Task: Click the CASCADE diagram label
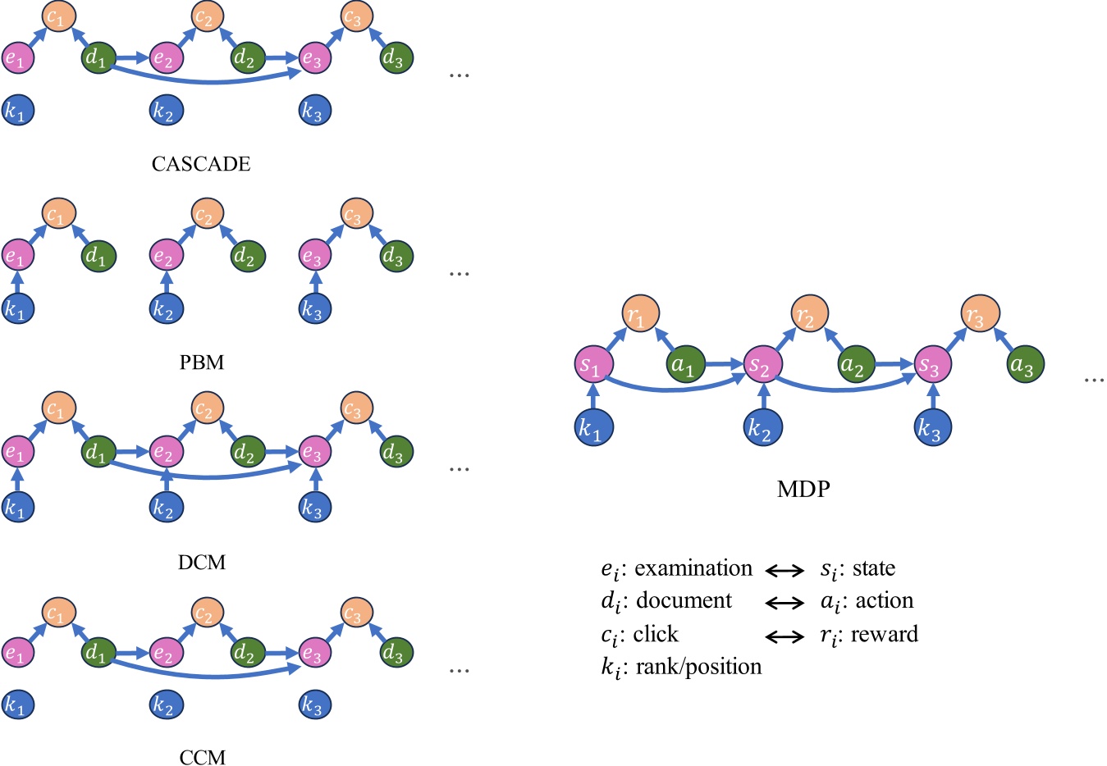pyautogui.click(x=201, y=164)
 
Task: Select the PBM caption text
pyautogui.click(x=201, y=362)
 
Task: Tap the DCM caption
pyautogui.click(x=201, y=563)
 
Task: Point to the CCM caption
pyautogui.click(x=201, y=756)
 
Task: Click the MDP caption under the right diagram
pyautogui.click(x=803, y=489)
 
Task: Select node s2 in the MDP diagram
pyautogui.click(x=760, y=365)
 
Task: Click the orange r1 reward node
pyautogui.click(x=639, y=316)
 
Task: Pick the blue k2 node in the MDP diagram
pyautogui.click(x=763, y=428)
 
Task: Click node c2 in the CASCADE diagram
pyautogui.click(x=204, y=16)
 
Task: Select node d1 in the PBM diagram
pyautogui.click(x=98, y=257)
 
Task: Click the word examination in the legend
pyautogui.click(x=693, y=568)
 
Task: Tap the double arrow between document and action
pyautogui.click(x=785, y=603)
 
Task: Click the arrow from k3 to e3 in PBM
pyautogui.click(x=315, y=284)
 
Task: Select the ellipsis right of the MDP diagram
pyautogui.click(x=1094, y=380)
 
